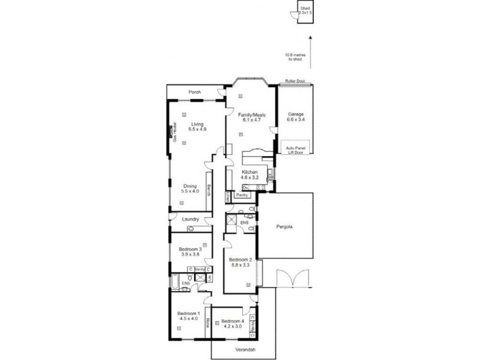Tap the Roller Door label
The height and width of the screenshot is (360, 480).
pyautogui.click(x=295, y=80)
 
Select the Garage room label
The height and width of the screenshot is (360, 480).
pyautogui.click(x=295, y=114)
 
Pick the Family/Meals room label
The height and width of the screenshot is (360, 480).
pyautogui.click(x=251, y=114)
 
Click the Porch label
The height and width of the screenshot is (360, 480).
pyautogui.click(x=194, y=92)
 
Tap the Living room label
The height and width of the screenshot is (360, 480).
pyautogui.click(x=190, y=124)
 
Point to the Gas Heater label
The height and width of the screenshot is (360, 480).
pyautogui.click(x=174, y=133)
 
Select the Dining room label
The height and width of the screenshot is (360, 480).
pyautogui.click(x=190, y=186)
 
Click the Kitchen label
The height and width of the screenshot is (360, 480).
pyautogui.click(x=250, y=172)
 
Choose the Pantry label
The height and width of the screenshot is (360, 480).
pyautogui.click(x=242, y=195)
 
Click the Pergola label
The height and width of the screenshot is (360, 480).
pyautogui.click(x=284, y=227)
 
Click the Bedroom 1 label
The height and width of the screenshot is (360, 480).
pyautogui.click(x=187, y=313)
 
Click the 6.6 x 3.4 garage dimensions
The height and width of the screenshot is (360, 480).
pyautogui.click(x=295, y=119)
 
